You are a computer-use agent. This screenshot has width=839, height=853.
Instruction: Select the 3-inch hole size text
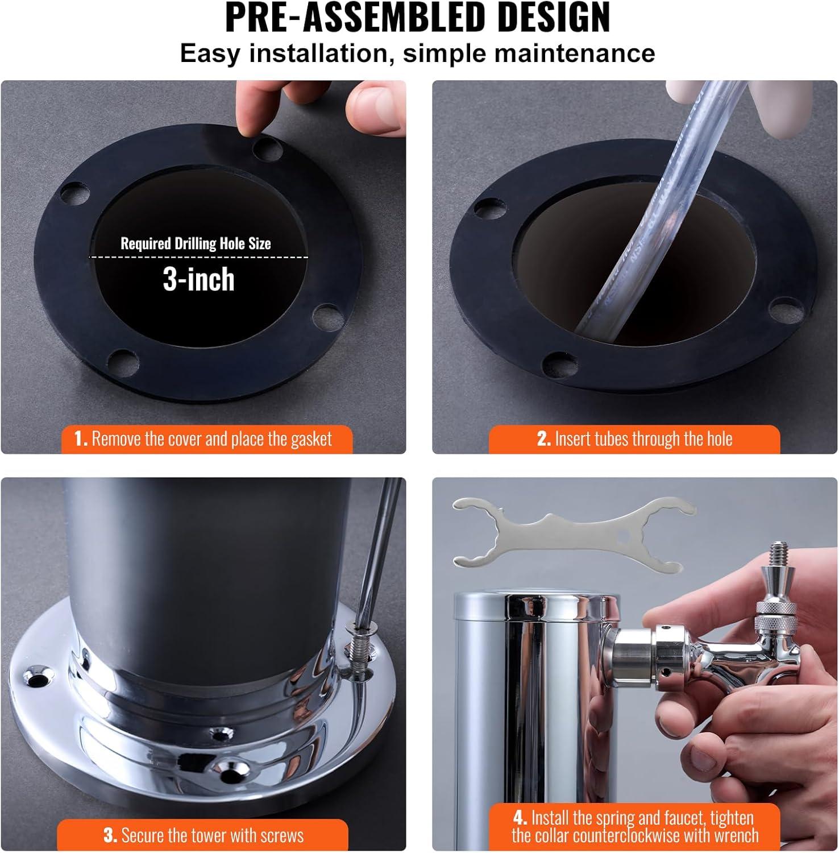coord(198,279)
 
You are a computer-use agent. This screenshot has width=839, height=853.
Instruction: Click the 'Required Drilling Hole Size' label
coord(196,243)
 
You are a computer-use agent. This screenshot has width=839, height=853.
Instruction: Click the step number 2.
coord(543,438)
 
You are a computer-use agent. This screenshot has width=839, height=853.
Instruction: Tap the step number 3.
coord(110,835)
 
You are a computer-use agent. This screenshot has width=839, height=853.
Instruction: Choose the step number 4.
coord(520,818)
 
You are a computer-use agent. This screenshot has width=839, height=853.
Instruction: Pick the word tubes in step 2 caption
coord(608,438)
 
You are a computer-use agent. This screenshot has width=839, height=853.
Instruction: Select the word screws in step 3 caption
coord(283,836)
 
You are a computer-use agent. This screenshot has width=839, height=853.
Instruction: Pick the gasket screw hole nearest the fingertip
coord(268,148)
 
